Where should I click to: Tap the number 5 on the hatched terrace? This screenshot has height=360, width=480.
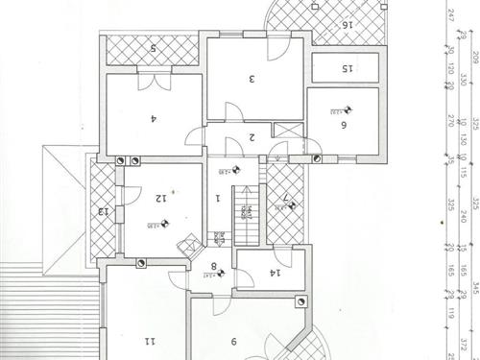pos(151,48)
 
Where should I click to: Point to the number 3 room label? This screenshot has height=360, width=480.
pos(251,79)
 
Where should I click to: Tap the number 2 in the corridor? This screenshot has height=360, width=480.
pos(252,137)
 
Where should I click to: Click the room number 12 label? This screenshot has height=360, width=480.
pos(160,199)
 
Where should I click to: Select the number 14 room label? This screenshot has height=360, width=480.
pos(274,274)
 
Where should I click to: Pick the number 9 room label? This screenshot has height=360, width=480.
pos(234,339)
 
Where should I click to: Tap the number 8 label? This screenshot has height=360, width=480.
pos(214,269)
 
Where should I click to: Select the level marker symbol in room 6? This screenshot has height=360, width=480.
pos(348,110)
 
